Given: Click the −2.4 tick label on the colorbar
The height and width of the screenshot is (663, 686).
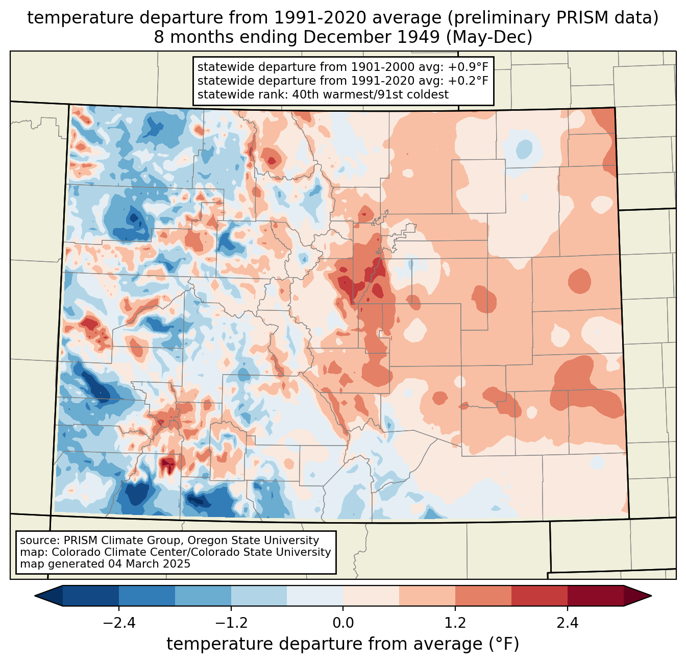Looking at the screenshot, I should (119, 623).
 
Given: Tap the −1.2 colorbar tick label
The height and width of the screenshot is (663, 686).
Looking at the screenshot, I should (231, 623).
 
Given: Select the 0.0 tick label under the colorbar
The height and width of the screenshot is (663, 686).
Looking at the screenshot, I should (343, 623).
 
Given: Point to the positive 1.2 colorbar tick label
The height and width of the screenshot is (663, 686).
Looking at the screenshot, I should (455, 623).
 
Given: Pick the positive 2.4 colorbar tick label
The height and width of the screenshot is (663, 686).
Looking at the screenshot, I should (567, 623).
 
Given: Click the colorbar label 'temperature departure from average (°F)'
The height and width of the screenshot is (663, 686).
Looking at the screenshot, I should (343, 644).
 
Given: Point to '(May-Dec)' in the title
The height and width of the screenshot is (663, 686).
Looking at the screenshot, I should (493, 37).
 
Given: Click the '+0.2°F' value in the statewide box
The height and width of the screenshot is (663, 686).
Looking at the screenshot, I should (470, 81).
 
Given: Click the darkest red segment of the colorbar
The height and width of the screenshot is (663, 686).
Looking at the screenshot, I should (595, 596).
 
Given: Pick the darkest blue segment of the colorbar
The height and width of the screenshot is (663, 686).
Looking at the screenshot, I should (91, 596).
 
